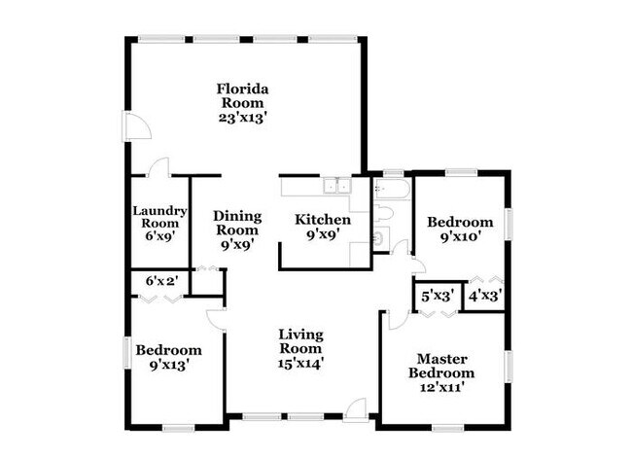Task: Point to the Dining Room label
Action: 236,223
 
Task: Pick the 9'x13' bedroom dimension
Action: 168,365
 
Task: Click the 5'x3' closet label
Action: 437,297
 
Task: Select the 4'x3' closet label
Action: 484,297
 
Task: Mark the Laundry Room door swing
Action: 160,166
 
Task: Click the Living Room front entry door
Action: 358,409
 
